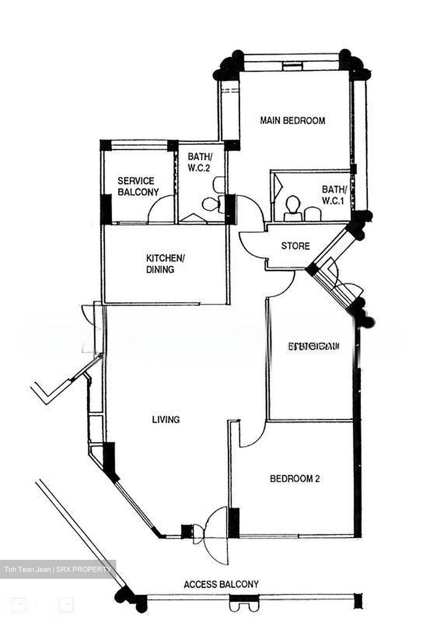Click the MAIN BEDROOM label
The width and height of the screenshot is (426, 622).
292,121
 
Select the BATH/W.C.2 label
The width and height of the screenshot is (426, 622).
199,162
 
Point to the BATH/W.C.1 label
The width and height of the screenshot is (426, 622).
334,195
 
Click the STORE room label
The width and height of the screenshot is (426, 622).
295,246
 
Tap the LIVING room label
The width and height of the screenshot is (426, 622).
165,419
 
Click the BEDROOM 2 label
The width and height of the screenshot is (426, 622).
294,479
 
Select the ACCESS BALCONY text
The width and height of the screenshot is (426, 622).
221,584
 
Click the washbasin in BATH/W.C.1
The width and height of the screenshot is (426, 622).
313,213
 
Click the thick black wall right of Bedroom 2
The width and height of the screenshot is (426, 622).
357,454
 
